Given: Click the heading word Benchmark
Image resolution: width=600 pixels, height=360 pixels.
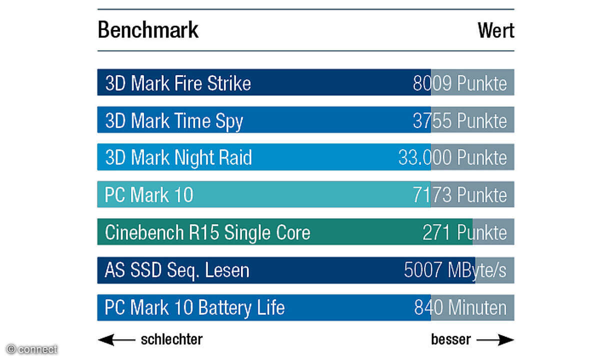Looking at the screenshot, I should pos(148,30).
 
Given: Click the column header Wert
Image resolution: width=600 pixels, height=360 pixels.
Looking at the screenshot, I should pos(495,30).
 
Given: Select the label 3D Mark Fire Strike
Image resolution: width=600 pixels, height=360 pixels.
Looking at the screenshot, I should pos(178,83).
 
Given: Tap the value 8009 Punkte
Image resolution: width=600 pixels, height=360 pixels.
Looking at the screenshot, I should pos(459,83).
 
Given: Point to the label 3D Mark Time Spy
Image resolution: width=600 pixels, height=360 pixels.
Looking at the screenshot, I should pos(174,120).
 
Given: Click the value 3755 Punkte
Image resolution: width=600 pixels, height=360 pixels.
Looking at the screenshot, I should pos(459,120).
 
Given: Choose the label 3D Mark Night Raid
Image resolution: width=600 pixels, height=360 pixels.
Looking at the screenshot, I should pos(178,157).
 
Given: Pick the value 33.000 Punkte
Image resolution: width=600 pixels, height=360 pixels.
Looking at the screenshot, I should pos(452,157).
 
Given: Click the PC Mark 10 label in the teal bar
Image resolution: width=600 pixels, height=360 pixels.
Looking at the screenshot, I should pos(149,195).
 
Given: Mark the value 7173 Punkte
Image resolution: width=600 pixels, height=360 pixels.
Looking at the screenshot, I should pos(459,195).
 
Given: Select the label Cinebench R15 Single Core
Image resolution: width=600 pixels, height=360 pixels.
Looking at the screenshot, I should pos(207,232).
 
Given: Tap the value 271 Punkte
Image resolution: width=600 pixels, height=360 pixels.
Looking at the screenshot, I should pos(464,232).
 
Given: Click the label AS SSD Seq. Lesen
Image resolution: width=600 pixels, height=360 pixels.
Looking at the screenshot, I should pos(177,270).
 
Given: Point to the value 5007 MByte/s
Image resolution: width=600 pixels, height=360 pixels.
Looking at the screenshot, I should pos(455,270).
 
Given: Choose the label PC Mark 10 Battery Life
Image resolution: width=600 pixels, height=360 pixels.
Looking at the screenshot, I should pos(194,307).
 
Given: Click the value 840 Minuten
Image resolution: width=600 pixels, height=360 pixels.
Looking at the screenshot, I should pos(460,307).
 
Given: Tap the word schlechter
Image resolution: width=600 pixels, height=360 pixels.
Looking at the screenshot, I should pos(171,339).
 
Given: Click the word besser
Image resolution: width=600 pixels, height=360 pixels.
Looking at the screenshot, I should pos(450,339).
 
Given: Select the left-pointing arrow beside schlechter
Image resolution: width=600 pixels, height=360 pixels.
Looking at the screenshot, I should pos(116,340).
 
